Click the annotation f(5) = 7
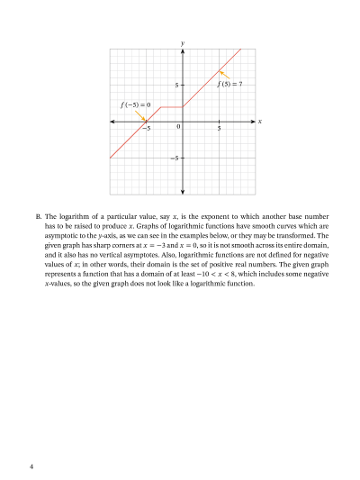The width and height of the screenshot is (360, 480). pos(230,84)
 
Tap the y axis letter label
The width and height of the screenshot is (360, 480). pos(183,42)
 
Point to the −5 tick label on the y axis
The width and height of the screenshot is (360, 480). pos(175,158)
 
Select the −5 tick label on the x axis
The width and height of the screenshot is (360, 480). pos(146,129)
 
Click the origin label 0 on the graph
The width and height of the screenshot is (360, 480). pos(178,128)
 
